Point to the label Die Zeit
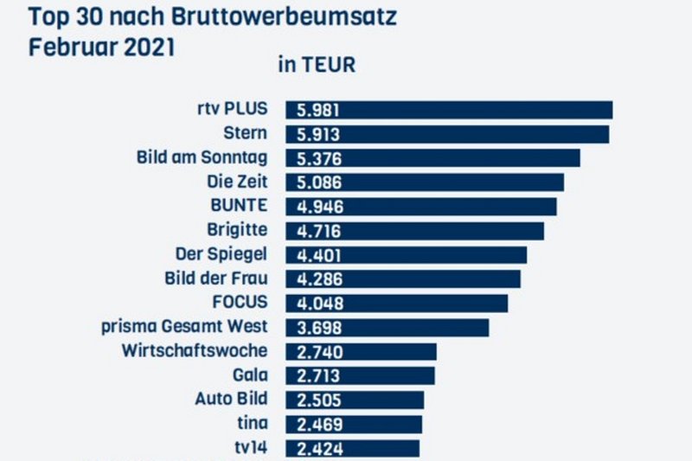click(236, 182)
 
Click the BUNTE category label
click(239, 206)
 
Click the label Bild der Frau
click(215, 279)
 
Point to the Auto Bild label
click(231, 399)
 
